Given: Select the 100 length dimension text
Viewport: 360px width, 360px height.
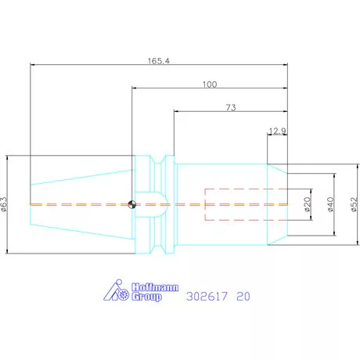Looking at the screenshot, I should pyautogui.click(x=209, y=85).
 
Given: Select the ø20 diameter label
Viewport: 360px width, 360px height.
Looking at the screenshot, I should pyautogui.click(x=308, y=204).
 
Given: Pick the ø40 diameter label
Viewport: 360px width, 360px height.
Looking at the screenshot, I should pyautogui.click(x=331, y=204).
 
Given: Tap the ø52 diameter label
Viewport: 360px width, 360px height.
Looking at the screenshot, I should pyautogui.click(x=353, y=204).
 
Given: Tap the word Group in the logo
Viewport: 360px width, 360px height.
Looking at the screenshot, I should pyautogui.click(x=146, y=297).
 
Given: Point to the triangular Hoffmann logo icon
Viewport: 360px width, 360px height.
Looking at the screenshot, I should pyautogui.click(x=117, y=291).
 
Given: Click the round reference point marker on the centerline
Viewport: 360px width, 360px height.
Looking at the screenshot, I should pyautogui.click(x=133, y=205).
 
